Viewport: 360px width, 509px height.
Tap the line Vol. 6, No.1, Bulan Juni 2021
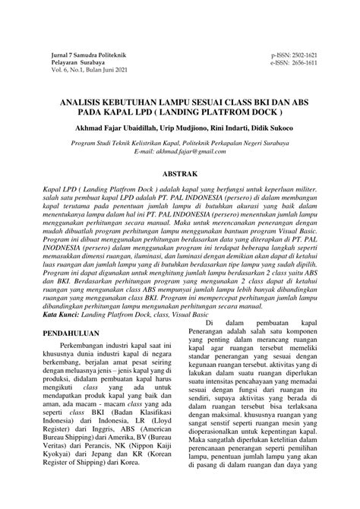[x=86, y=71]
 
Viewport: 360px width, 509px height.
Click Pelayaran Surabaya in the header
[x=74, y=63]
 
